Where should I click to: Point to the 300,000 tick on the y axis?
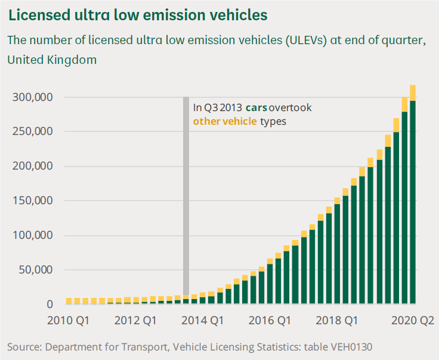[x=33, y=97]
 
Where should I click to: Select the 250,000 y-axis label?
[x=33, y=132]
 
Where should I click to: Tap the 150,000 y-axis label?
[x=33, y=201]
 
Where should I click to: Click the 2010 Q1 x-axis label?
[x=69, y=320]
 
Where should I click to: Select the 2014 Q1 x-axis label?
[x=203, y=320]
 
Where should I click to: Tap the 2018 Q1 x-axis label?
[x=337, y=320]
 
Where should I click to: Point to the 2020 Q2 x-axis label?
[x=413, y=320]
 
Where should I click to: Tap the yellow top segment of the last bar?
[x=412, y=93]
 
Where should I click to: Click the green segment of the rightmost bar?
[x=412, y=203]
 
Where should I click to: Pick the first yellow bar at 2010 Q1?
[x=69, y=301]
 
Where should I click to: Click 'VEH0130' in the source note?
[x=355, y=347]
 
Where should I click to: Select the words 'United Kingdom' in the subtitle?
[x=52, y=60]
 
